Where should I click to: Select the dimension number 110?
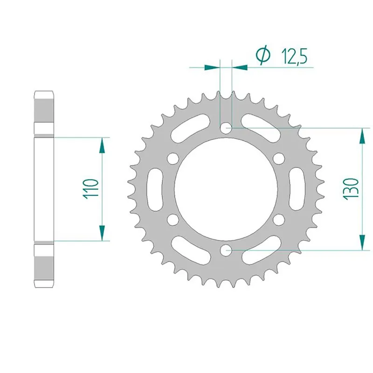click(x=91, y=189)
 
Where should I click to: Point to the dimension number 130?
click(x=351, y=188)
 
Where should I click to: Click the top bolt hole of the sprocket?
click(x=227, y=127)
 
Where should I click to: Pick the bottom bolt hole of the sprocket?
click(x=227, y=250)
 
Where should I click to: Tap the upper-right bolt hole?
click(x=280, y=158)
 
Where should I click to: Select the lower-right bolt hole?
click(x=280, y=219)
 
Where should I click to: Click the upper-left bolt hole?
click(x=173, y=158)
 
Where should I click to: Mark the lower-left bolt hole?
click(x=173, y=219)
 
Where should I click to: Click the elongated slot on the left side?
click(x=154, y=188)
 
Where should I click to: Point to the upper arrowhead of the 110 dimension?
click(x=101, y=145)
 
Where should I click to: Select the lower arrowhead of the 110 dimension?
click(x=101, y=232)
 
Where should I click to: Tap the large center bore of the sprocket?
click(x=227, y=188)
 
